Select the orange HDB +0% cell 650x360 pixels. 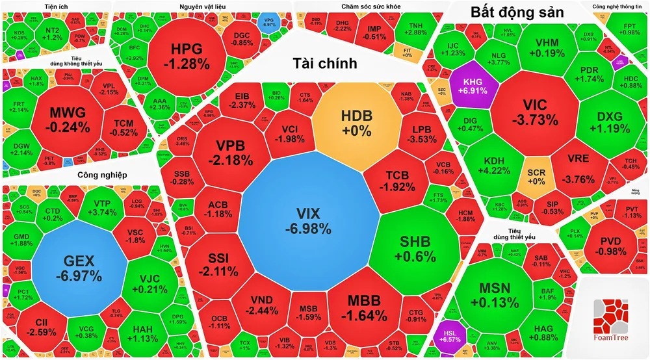(x=357, y=122)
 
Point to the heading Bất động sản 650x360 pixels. (x=517, y=12)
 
